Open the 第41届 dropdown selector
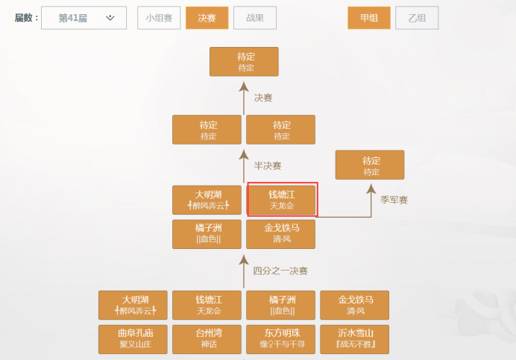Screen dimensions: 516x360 (84, 18)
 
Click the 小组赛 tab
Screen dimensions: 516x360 (159, 18)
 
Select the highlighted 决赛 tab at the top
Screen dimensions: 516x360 (207, 18)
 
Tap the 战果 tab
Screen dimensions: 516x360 (255, 18)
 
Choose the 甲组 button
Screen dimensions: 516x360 (369, 18)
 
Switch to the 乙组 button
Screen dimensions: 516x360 (417, 18)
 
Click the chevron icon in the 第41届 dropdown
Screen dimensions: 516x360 (110, 18)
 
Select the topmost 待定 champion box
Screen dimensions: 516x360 (244, 62)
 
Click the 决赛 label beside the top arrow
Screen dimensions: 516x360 (263, 98)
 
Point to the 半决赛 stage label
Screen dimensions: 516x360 (268, 165)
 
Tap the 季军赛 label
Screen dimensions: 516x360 (394, 200)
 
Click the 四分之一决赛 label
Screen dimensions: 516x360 (280, 271)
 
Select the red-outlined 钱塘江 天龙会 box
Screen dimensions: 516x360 (283, 200)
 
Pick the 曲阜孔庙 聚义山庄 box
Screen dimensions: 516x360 (133, 339)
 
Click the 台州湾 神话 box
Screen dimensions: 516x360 (207, 339)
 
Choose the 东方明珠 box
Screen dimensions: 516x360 (280, 339)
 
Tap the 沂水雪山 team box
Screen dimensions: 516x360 (354, 339)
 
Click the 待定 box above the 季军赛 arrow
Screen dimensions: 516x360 (370, 165)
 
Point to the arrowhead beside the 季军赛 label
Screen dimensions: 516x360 (371, 188)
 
